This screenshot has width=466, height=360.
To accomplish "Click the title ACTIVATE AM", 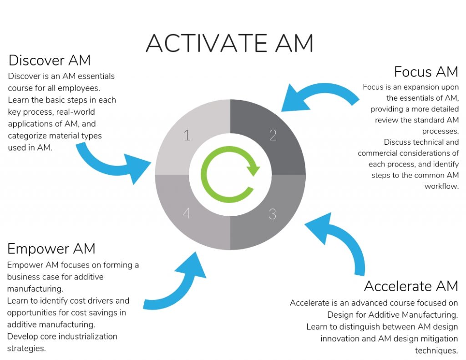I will tap(229, 43).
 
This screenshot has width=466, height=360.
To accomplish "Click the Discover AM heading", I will tap(49, 60).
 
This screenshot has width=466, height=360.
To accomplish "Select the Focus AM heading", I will tap(426, 72).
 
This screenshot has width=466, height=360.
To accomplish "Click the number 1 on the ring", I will tap(186, 135).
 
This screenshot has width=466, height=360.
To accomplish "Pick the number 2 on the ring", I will tap(273, 135).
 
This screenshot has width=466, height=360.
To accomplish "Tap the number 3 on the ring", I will tap(272, 214).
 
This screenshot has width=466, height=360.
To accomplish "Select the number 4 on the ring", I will tap(187, 213).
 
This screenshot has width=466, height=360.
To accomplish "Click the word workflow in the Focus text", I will tap(441, 186).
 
